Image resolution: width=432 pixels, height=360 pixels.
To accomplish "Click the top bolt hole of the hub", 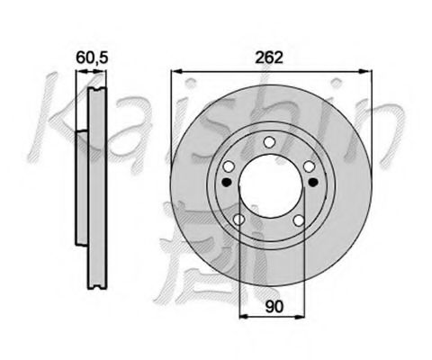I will pos(269,141).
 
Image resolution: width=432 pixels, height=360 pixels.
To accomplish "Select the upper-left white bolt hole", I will pos(230,166).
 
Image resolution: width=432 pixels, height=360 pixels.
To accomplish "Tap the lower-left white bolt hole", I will pos(238,219).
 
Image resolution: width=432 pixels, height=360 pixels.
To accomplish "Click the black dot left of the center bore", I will pos(226,182).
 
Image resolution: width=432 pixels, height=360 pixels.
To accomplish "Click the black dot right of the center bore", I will pos(312,182).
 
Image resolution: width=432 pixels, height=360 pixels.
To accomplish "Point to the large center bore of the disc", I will pos(269,184).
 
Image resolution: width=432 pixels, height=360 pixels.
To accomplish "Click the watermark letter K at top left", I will pos(54,112).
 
